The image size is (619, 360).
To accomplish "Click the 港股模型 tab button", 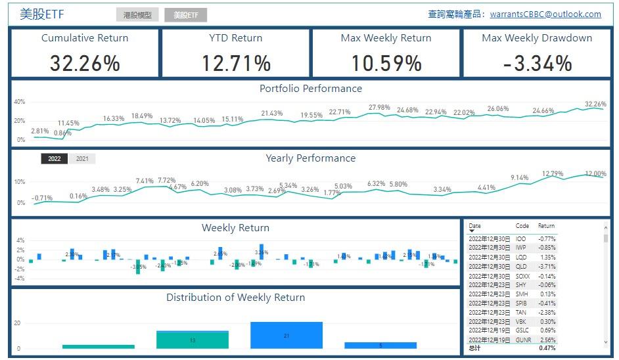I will tap(137, 14).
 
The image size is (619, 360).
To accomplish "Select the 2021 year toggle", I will tap(82, 158).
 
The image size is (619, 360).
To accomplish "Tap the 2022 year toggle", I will tap(54, 158).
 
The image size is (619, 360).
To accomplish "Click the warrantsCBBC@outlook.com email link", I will tap(545, 14).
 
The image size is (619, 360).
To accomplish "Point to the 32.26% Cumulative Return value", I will tap(85, 63).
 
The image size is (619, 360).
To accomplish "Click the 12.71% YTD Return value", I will tap(235, 63).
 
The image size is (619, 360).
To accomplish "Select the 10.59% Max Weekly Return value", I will tap(386, 63).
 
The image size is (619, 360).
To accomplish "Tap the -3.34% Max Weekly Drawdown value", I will tap(537, 63).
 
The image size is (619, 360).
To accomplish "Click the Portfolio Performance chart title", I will tap(310, 89).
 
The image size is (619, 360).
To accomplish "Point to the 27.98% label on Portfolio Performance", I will tap(379, 107).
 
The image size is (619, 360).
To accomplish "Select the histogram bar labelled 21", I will tap(287, 335).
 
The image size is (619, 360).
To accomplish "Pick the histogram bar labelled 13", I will tap(193, 340).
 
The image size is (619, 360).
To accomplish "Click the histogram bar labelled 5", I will tap(380, 345).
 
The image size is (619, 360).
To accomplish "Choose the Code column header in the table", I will tap(522, 226).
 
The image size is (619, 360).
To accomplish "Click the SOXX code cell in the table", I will tap(522, 276).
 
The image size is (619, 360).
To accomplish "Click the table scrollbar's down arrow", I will tap(606, 342).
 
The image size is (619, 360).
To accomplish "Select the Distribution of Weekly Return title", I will tap(235, 298).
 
